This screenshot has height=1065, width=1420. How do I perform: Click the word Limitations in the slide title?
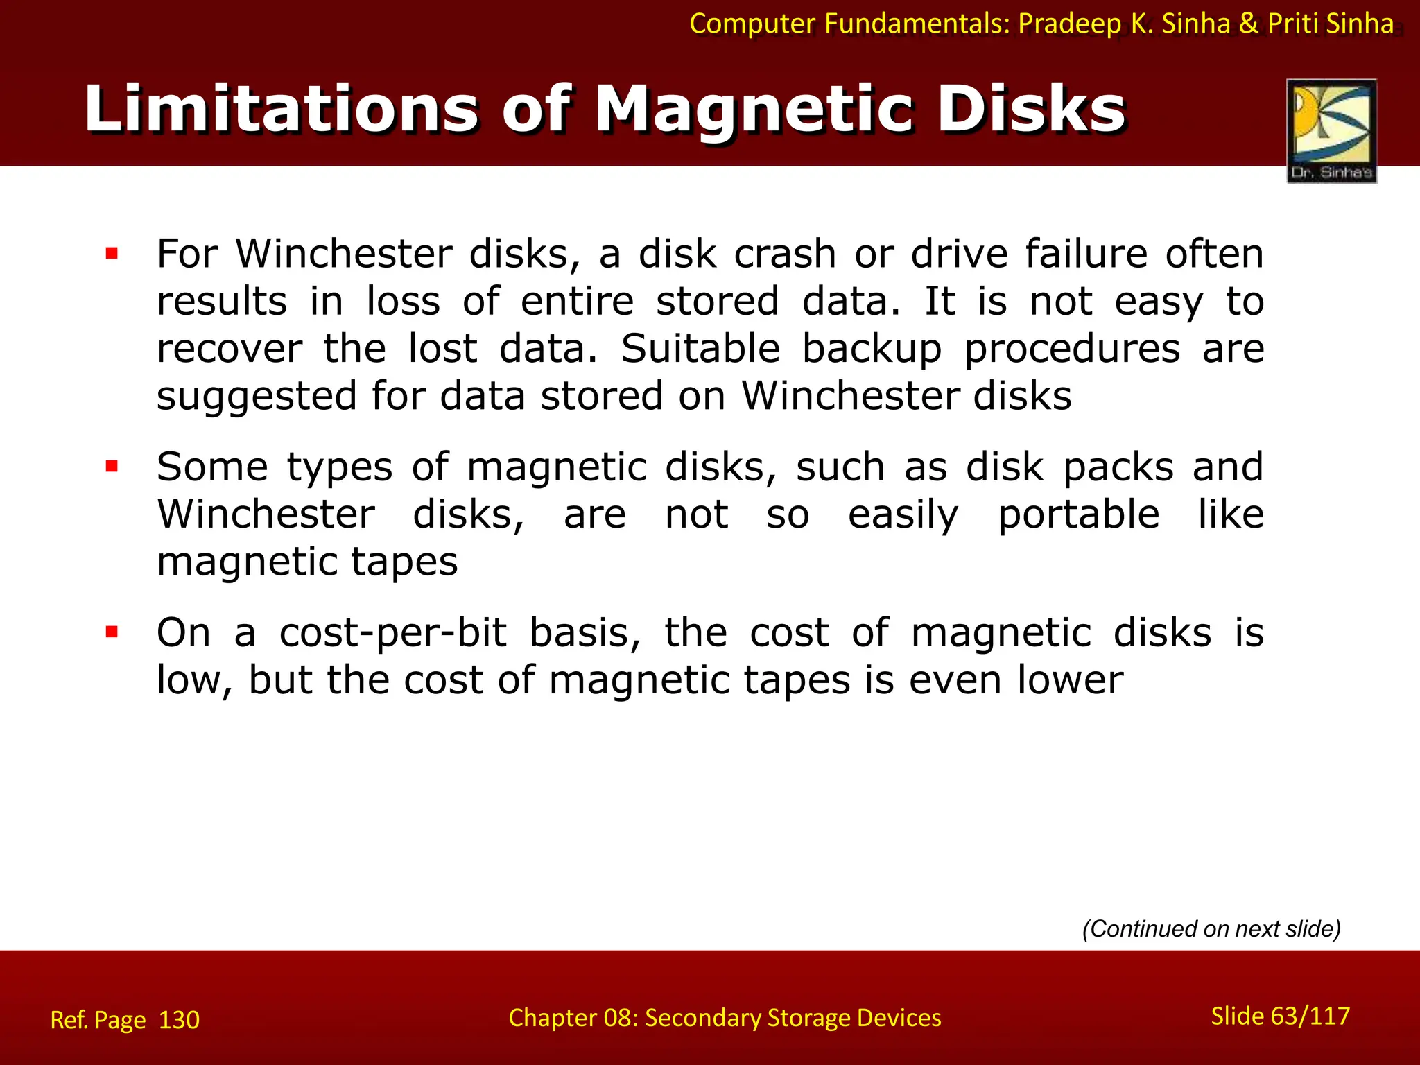click(281, 110)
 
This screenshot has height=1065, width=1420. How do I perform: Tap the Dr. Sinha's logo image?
click(1331, 130)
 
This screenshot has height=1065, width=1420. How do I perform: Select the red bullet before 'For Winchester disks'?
click(112, 254)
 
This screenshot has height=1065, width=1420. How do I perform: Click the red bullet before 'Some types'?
click(112, 467)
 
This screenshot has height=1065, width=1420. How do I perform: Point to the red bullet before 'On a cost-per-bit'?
click(112, 632)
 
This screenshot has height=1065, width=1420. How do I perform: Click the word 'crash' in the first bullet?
click(785, 254)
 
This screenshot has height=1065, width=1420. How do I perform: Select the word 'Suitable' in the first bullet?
click(700, 348)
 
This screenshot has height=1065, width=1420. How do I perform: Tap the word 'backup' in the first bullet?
click(872, 348)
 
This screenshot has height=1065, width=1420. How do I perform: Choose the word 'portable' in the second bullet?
click(1079, 514)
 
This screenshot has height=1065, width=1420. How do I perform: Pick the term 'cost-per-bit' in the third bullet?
click(393, 632)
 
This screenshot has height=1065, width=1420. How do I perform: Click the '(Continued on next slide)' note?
click(1211, 928)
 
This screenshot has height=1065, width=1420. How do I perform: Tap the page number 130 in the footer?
click(179, 1020)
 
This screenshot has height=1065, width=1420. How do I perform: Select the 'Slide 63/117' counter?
click(1280, 1016)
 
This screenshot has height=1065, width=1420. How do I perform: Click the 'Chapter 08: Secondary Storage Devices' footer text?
click(725, 1017)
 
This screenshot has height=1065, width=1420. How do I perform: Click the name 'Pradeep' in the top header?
click(1069, 24)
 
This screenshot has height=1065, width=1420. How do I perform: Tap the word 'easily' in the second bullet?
click(903, 514)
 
